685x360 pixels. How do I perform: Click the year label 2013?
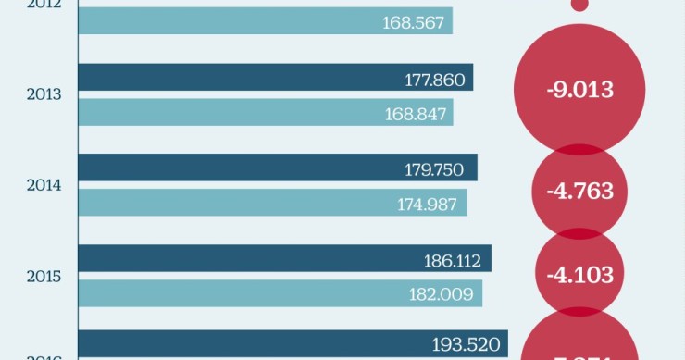tap(44, 94)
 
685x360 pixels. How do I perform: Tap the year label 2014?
tap(44, 185)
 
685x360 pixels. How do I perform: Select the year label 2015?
tap(44, 276)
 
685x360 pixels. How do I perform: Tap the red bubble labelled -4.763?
tap(579, 192)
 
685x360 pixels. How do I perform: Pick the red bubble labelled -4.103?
tap(579, 275)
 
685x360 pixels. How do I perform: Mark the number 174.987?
tap(429, 204)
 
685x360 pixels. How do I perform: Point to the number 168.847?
tap(415, 113)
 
